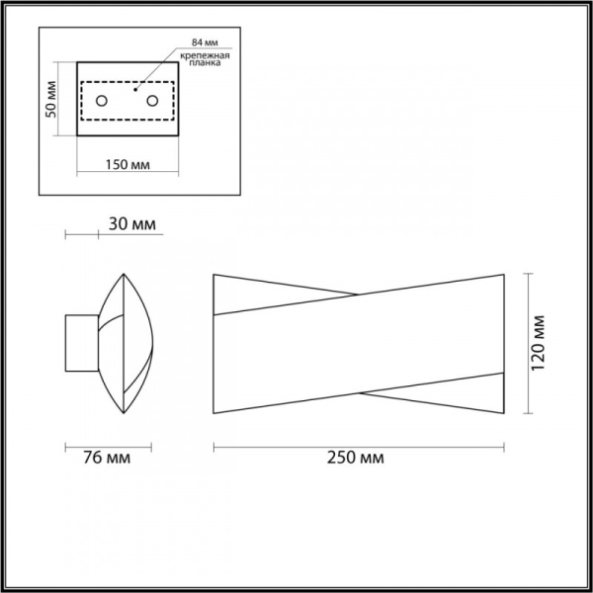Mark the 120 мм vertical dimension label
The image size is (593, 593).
540,342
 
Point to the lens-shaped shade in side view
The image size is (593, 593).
127,342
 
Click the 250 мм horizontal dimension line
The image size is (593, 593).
360,446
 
